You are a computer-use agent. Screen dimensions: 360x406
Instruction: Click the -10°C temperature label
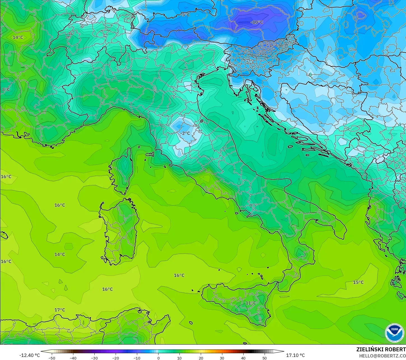(256, 22)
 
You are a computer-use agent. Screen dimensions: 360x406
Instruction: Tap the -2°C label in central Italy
(185, 133)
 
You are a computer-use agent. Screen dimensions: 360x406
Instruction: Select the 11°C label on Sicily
(251, 303)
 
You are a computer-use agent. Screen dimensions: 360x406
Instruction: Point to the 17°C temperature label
(60, 310)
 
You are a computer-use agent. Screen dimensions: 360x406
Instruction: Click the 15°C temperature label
(358, 282)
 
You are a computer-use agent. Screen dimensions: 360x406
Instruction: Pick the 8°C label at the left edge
(6, 90)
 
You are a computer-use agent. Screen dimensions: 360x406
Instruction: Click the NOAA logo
(395, 333)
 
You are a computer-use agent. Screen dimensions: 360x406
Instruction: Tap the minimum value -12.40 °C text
(29, 355)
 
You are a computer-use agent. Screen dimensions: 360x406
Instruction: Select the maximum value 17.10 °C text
(295, 355)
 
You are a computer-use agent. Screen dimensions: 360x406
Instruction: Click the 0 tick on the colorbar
(158, 358)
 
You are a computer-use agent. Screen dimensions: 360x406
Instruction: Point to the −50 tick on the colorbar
(52, 358)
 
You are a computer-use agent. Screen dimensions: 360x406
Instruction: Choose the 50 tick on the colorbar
(265, 358)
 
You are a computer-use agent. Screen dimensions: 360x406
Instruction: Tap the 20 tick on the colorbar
(201, 358)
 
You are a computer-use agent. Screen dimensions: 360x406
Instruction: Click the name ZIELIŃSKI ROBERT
(381, 349)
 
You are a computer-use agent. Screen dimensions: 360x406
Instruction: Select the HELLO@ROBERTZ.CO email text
(382, 356)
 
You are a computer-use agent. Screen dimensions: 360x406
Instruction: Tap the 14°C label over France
(18, 37)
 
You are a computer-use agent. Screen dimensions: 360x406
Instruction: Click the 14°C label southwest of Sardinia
(60, 254)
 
